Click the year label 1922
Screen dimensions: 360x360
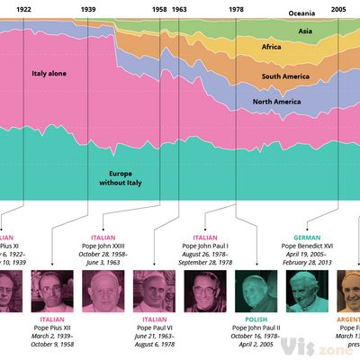pos(25,8)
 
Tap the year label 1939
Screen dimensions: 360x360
pos(88,8)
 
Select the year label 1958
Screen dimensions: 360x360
pos(159,8)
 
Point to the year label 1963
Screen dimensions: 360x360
pos(179,8)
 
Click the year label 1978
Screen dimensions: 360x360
pos(236,8)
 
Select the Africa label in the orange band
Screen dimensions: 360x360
pos(271,46)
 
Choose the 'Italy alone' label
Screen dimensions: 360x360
pos(49,73)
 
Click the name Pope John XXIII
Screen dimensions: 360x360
pos(113,245)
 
